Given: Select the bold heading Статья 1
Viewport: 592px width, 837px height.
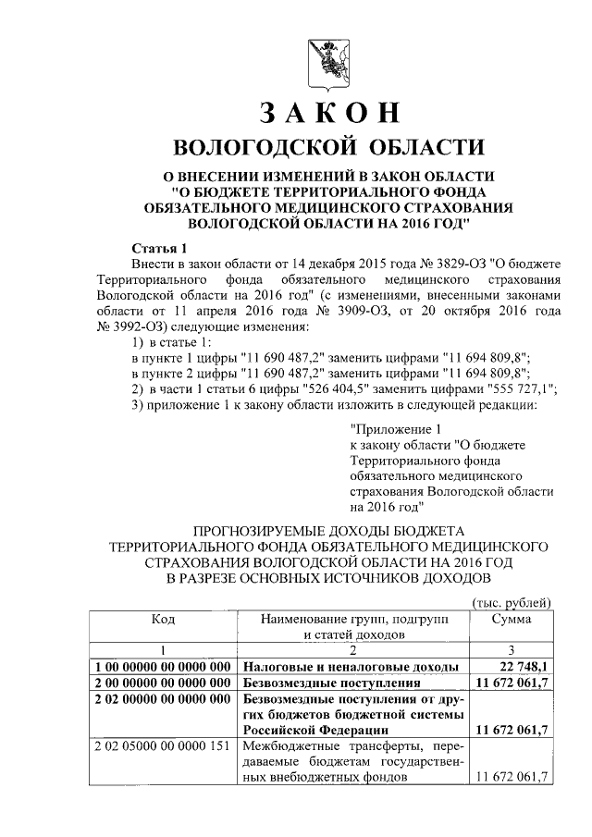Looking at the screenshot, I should tap(159, 248).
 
